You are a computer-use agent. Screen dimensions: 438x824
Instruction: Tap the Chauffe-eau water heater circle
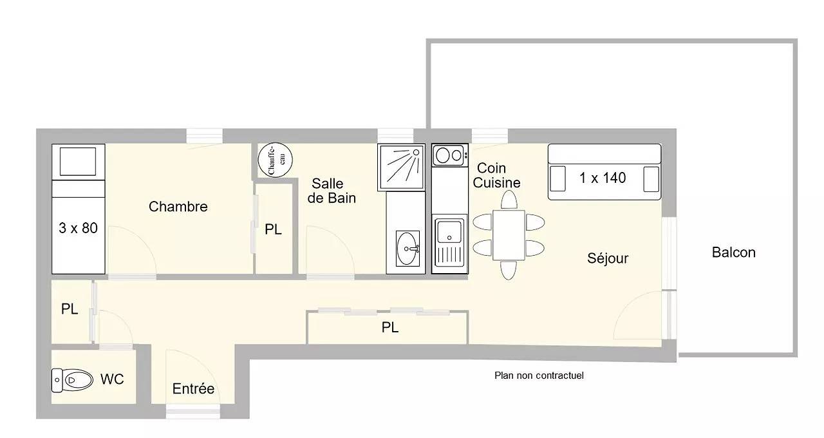[275, 158]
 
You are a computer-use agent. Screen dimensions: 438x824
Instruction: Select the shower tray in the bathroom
[402, 167]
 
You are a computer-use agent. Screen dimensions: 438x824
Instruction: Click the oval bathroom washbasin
[407, 247]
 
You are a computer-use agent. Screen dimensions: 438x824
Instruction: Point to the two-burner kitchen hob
[449, 155]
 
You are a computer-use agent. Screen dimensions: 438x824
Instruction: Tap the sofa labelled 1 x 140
[604, 173]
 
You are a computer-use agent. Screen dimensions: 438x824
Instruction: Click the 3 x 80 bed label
[78, 228]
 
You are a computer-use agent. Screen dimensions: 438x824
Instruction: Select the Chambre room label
[178, 207]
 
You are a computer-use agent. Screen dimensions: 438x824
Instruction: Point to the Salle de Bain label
[331, 191]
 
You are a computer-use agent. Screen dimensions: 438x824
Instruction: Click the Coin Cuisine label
[496, 175]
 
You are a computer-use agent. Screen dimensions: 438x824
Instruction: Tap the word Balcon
[733, 252]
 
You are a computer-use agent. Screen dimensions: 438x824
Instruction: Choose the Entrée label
[193, 389]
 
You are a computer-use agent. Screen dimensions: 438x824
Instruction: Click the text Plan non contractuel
[539, 376]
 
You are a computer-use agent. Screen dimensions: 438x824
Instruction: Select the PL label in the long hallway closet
[389, 328]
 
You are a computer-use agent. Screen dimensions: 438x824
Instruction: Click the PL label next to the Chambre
[274, 230]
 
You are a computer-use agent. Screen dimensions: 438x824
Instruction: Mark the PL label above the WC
[70, 309]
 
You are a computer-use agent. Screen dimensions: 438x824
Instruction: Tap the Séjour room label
[608, 259]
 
